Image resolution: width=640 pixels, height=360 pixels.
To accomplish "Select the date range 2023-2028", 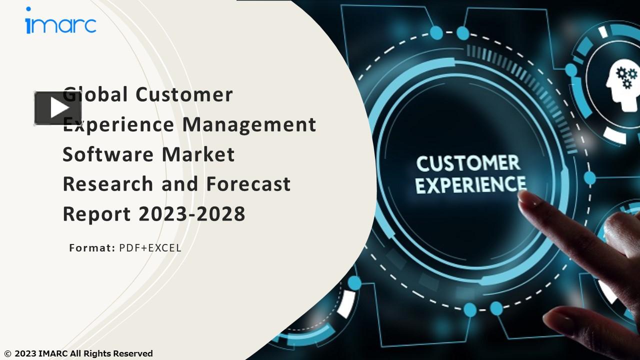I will click(x=191, y=214).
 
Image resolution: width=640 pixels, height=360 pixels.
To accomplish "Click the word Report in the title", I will click(x=96, y=214).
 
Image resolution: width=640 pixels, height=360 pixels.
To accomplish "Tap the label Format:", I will click(x=92, y=247).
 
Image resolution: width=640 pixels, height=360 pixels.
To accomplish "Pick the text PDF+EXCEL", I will click(x=150, y=247).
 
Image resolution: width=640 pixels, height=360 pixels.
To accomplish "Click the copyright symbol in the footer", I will click(x=7, y=354).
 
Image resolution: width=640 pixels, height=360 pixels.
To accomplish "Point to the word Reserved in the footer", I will click(x=132, y=354).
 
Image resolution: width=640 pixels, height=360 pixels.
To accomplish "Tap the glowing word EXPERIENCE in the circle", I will click(x=470, y=185).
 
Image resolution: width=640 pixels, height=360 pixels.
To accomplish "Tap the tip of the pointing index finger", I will click(x=523, y=196).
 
